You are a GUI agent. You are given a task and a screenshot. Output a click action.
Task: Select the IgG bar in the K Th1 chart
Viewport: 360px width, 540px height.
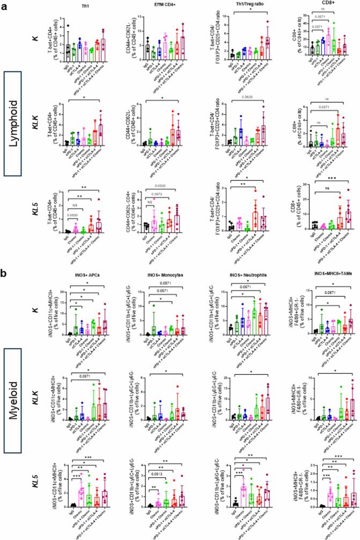[x=68, y=49]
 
